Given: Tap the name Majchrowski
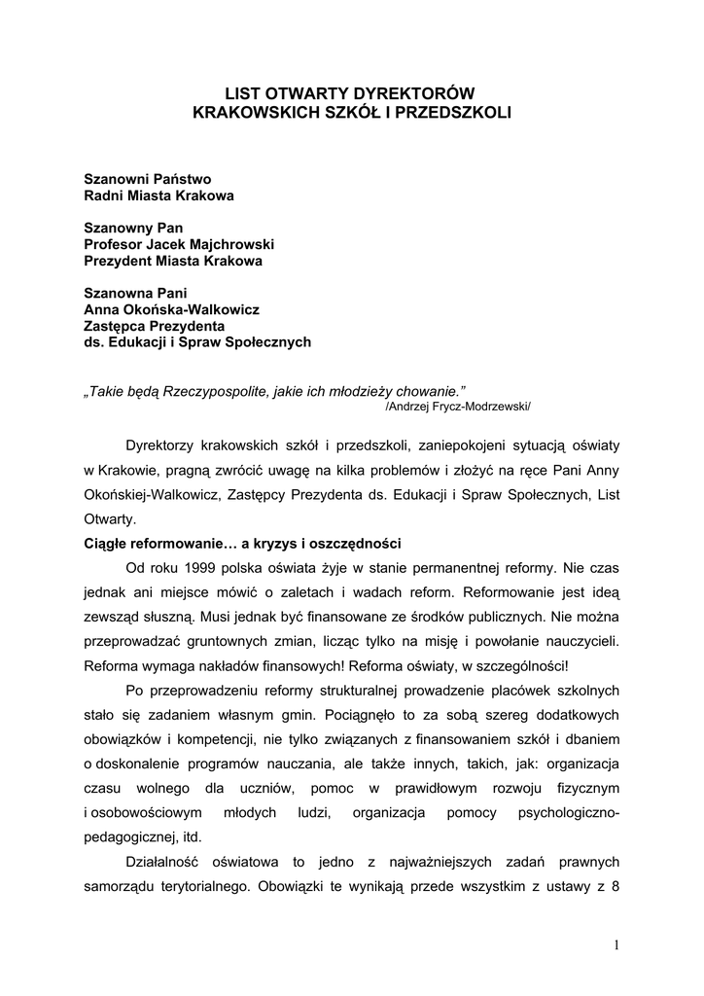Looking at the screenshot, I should click(229, 244).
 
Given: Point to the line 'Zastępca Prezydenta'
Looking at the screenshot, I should click(154, 325).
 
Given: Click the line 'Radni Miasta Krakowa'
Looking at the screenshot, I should click(158, 196).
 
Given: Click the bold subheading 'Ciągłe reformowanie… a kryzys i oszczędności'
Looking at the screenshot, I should click(242, 542).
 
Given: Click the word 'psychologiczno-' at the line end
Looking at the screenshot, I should click(569, 811).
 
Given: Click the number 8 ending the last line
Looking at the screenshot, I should click(616, 886).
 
